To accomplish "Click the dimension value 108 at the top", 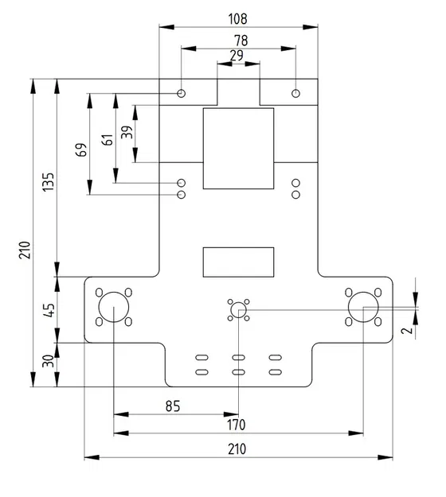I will [237, 17].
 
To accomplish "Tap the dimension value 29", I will [237, 56].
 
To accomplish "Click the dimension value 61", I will [107, 140].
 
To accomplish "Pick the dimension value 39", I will [127, 133].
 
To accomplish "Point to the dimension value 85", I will [172, 406].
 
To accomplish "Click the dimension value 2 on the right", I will [406, 330].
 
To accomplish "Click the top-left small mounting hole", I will [182, 94].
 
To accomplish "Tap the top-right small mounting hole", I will [295, 94].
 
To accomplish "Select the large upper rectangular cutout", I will [238, 149].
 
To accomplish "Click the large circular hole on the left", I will [113, 307].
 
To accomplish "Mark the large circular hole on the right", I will [362, 307].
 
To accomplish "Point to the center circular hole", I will [238, 310].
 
